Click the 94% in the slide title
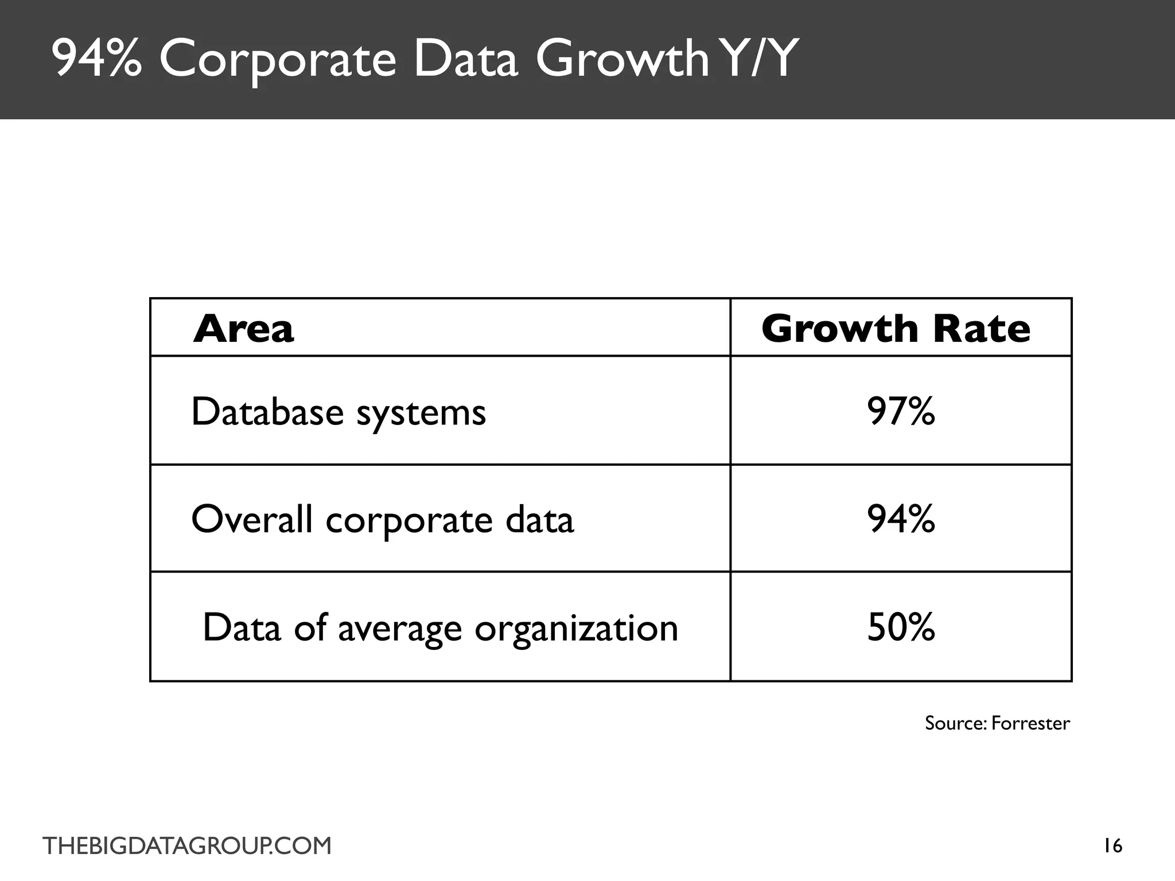96,59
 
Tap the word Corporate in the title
278,60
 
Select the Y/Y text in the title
758,59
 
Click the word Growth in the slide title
623,59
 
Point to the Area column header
243,329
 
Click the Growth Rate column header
896,329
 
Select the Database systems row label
339,412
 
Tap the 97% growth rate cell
901,411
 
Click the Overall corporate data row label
382,520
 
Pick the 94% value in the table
901,519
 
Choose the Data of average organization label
440,627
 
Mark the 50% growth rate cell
901,627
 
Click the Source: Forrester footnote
997,723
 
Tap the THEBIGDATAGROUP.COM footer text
187,846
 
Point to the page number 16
1113,846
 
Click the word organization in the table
577,629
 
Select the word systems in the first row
421,414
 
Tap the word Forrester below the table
1030,723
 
